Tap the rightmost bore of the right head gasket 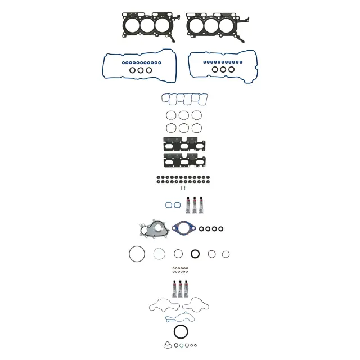point(227,25)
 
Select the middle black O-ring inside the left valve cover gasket point(141,70)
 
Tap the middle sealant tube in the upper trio point(194,205)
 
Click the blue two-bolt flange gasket point(183,229)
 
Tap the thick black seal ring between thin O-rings point(195,254)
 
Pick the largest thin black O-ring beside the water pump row point(136,254)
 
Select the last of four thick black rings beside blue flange point(221,229)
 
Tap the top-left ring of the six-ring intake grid point(171,115)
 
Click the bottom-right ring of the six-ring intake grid point(196,128)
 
